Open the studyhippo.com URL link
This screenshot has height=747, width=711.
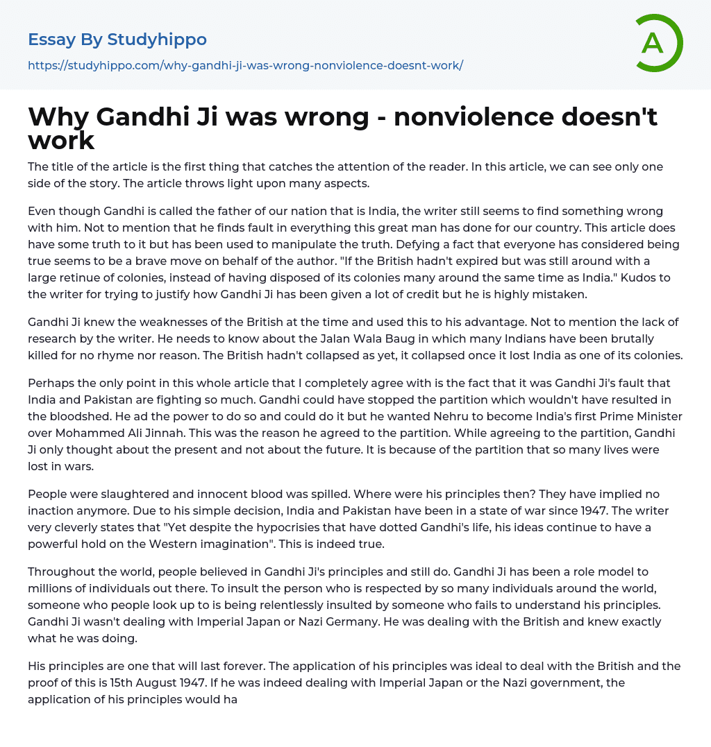[245, 66]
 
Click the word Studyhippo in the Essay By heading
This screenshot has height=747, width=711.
[157, 40]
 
